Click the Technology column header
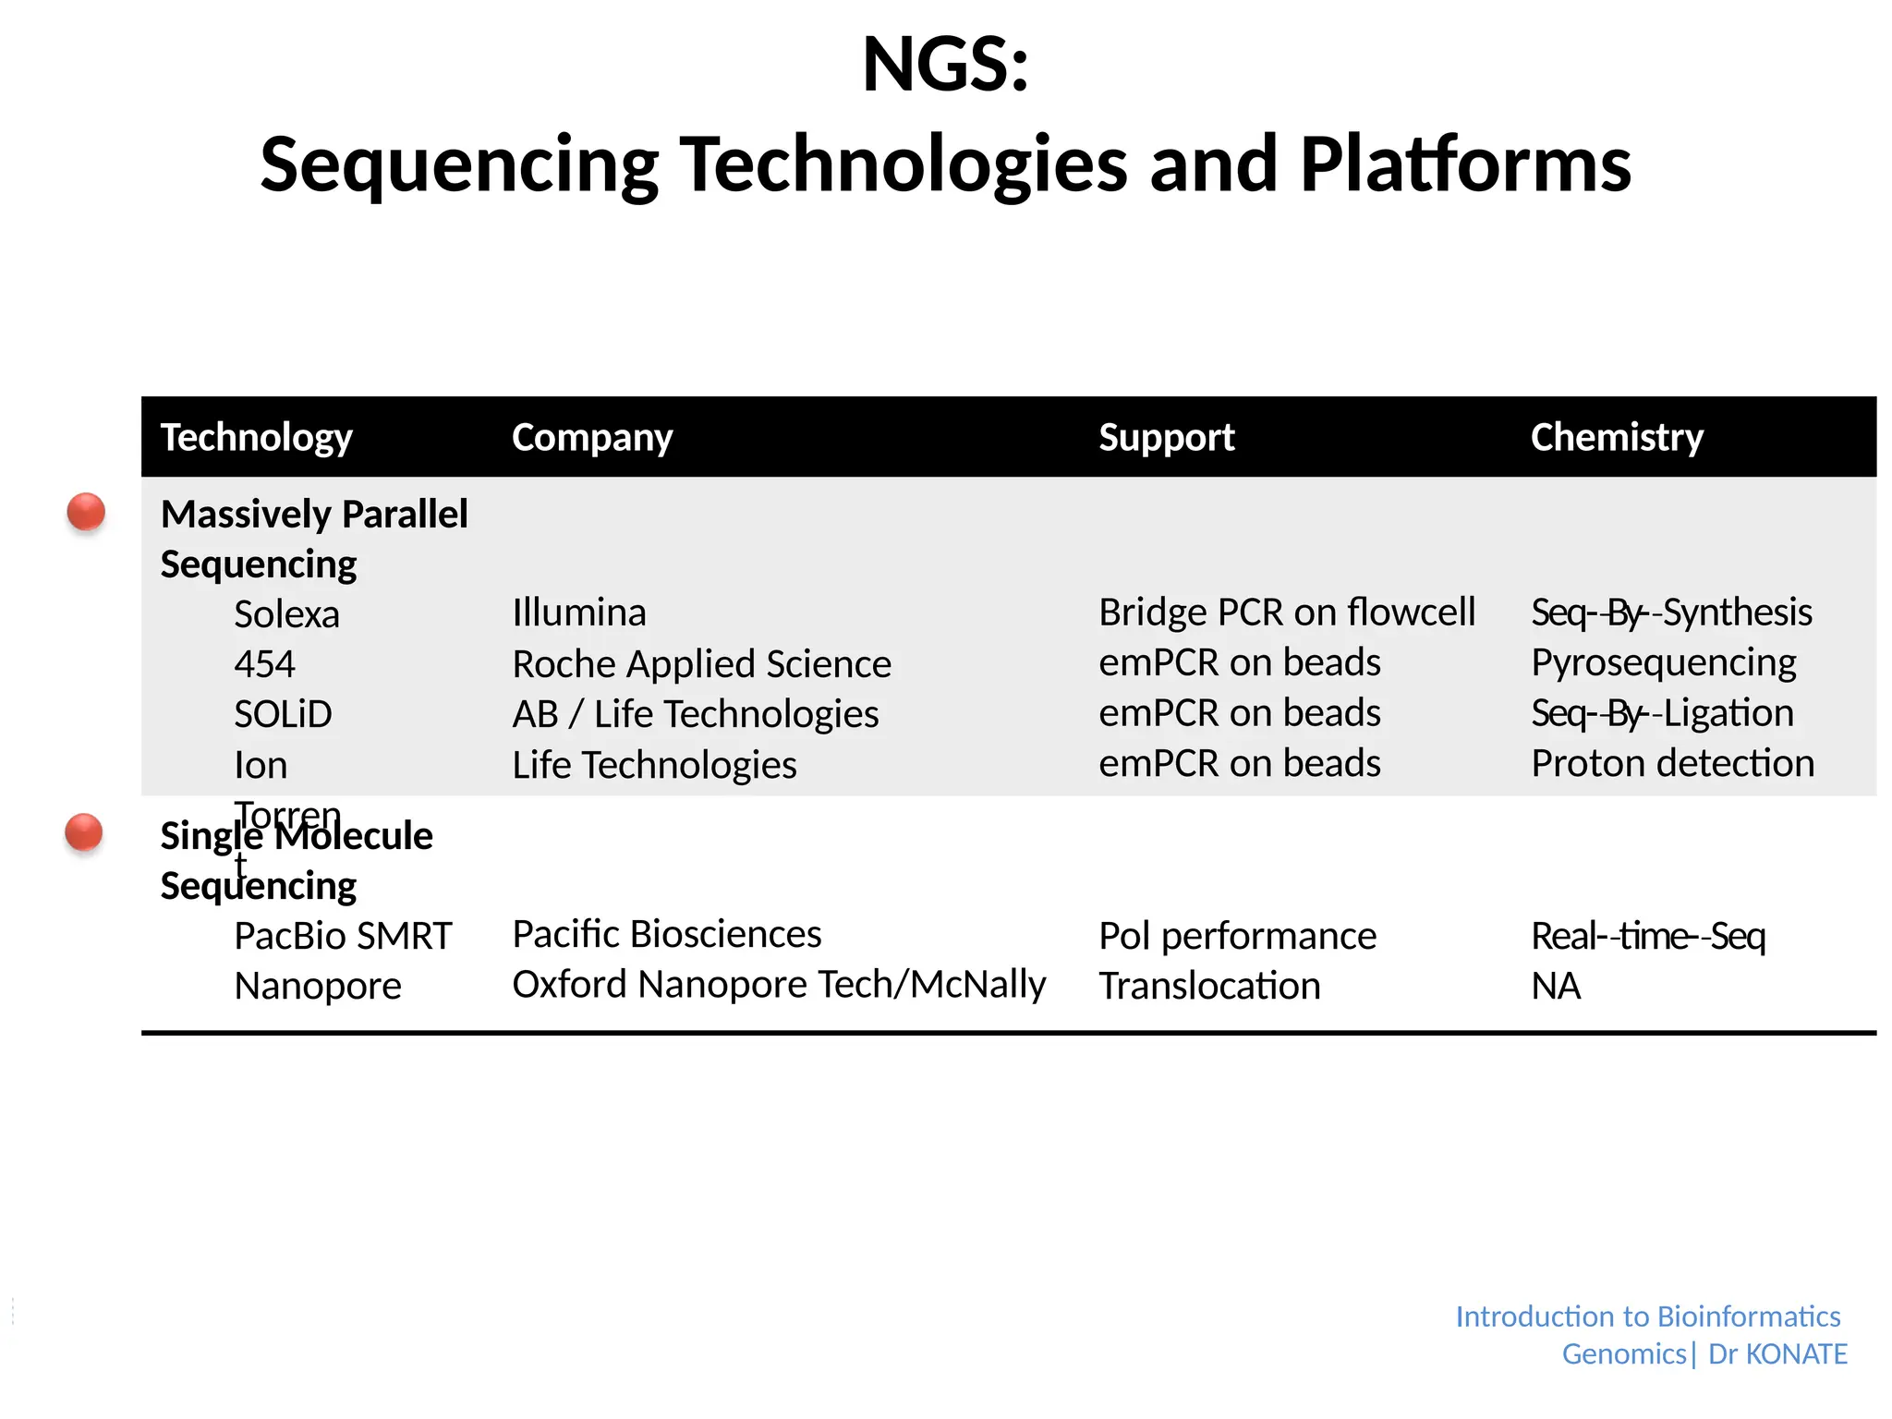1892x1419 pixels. click(256, 437)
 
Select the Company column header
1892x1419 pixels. click(591, 437)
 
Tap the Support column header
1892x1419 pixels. click(1166, 437)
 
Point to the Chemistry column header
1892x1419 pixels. click(1616, 437)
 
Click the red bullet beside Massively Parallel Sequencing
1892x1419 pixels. click(86, 512)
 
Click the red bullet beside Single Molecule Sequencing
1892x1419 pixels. click(84, 832)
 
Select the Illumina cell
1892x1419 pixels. click(578, 612)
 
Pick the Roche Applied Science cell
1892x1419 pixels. click(701, 664)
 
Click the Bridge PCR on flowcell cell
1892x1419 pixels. click(1286, 612)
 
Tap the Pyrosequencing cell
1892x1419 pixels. click(1663, 663)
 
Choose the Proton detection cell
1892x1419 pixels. click(1672, 764)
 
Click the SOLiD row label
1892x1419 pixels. click(283, 714)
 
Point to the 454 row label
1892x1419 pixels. click(264, 664)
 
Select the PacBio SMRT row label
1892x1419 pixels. click(343, 936)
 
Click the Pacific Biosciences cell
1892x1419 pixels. click(666, 934)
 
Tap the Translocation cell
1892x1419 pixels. click(1208, 986)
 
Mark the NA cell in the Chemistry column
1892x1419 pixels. click(1556, 986)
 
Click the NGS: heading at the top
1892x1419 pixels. click(945, 65)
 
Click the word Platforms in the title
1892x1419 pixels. click(1465, 164)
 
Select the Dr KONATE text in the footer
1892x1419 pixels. click(1777, 1353)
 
